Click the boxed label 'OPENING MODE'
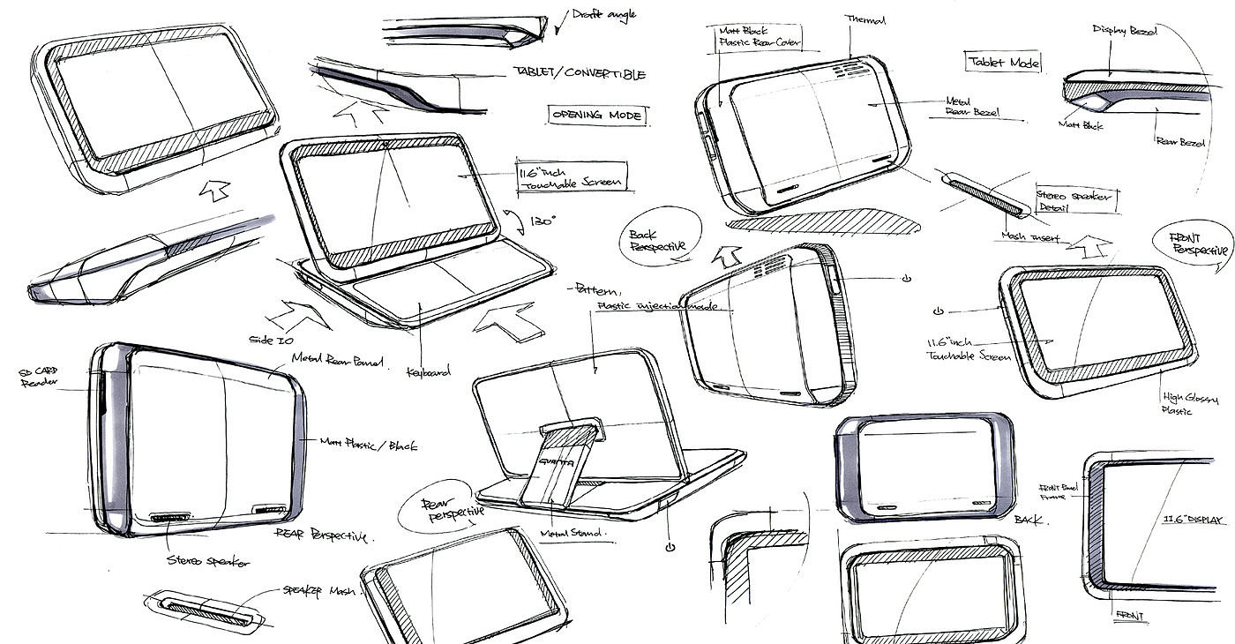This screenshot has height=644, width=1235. point(596,115)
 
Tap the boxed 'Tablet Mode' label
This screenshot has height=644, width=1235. point(1004,62)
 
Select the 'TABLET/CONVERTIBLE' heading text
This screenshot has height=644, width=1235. point(578,74)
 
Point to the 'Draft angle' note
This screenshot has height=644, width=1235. point(603,14)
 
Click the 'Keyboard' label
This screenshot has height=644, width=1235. point(428,371)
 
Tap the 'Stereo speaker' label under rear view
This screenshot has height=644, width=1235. point(207,561)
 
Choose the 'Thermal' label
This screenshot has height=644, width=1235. point(864,19)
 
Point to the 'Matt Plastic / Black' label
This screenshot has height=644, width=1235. point(368,445)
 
